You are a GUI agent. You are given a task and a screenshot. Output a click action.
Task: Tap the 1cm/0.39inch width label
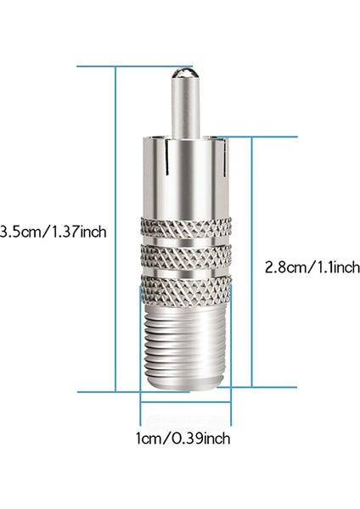(182, 462)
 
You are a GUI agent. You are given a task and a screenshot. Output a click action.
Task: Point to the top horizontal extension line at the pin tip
(127, 64)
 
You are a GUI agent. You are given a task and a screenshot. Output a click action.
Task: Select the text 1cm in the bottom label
(149, 462)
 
